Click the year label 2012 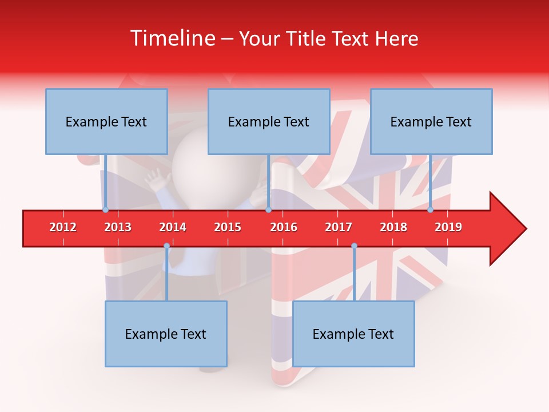tap(63, 227)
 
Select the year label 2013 tap(118, 227)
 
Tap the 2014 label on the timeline tap(173, 227)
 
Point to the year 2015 tap(228, 227)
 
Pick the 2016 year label tap(284, 227)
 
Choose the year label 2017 tap(339, 227)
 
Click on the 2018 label tap(393, 227)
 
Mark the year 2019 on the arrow tap(448, 227)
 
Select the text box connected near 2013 tap(106, 121)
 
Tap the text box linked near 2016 tap(269, 121)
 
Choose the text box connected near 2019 tap(431, 121)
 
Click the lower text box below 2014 tap(166, 334)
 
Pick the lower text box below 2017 tap(353, 334)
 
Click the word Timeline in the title tap(171, 38)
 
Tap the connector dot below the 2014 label tap(166, 246)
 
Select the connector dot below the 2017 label tap(354, 246)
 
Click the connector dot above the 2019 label tap(431, 209)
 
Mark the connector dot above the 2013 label tap(105, 209)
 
